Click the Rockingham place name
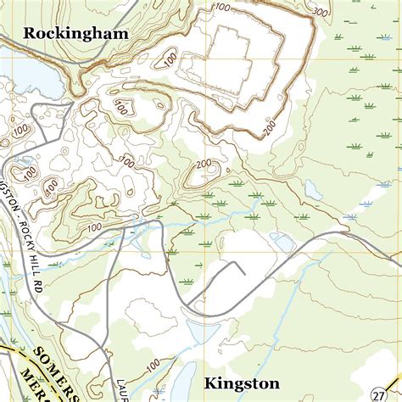coord(76,34)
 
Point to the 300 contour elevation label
coord(320,13)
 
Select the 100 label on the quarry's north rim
coord(222,8)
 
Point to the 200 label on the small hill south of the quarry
coord(204,164)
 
